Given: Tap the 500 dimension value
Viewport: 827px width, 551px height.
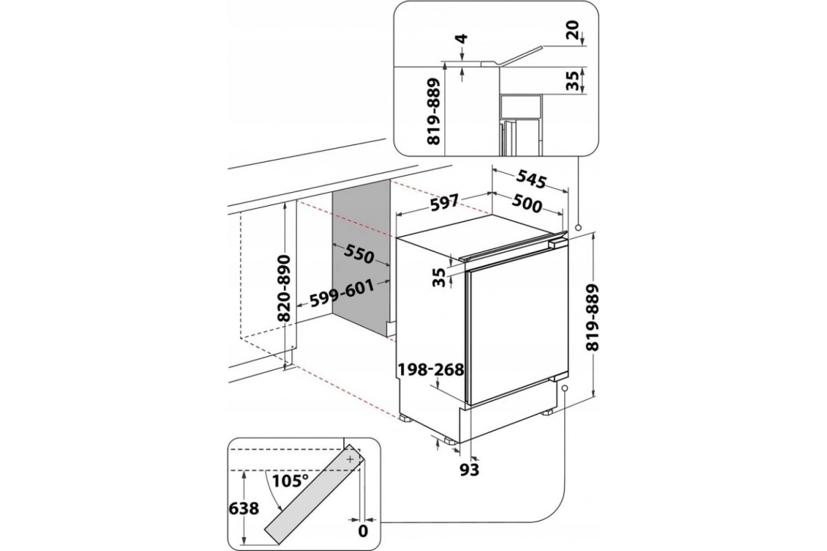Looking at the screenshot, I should click(x=528, y=205).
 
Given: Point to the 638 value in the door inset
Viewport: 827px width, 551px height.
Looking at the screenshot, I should click(x=245, y=509).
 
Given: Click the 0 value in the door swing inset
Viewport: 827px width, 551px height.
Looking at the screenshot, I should click(x=363, y=531).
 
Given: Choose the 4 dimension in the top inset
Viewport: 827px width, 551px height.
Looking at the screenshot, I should click(x=463, y=44).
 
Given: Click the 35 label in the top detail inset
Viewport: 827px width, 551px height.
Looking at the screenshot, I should click(x=572, y=81).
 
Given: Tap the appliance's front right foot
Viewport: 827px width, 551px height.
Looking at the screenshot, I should click(x=550, y=413).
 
